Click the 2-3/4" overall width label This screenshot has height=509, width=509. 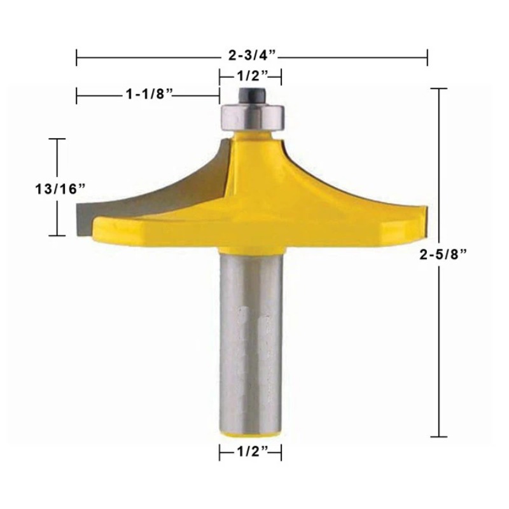tap(252, 55)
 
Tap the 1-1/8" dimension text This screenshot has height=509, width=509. tap(149, 94)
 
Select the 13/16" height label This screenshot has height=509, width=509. tap(60, 189)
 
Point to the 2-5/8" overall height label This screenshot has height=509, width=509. tap(443, 254)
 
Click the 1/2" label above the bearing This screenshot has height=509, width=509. tap(253, 76)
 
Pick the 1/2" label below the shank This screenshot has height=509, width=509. tap(253, 451)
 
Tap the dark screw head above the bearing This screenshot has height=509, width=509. tap(253, 96)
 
